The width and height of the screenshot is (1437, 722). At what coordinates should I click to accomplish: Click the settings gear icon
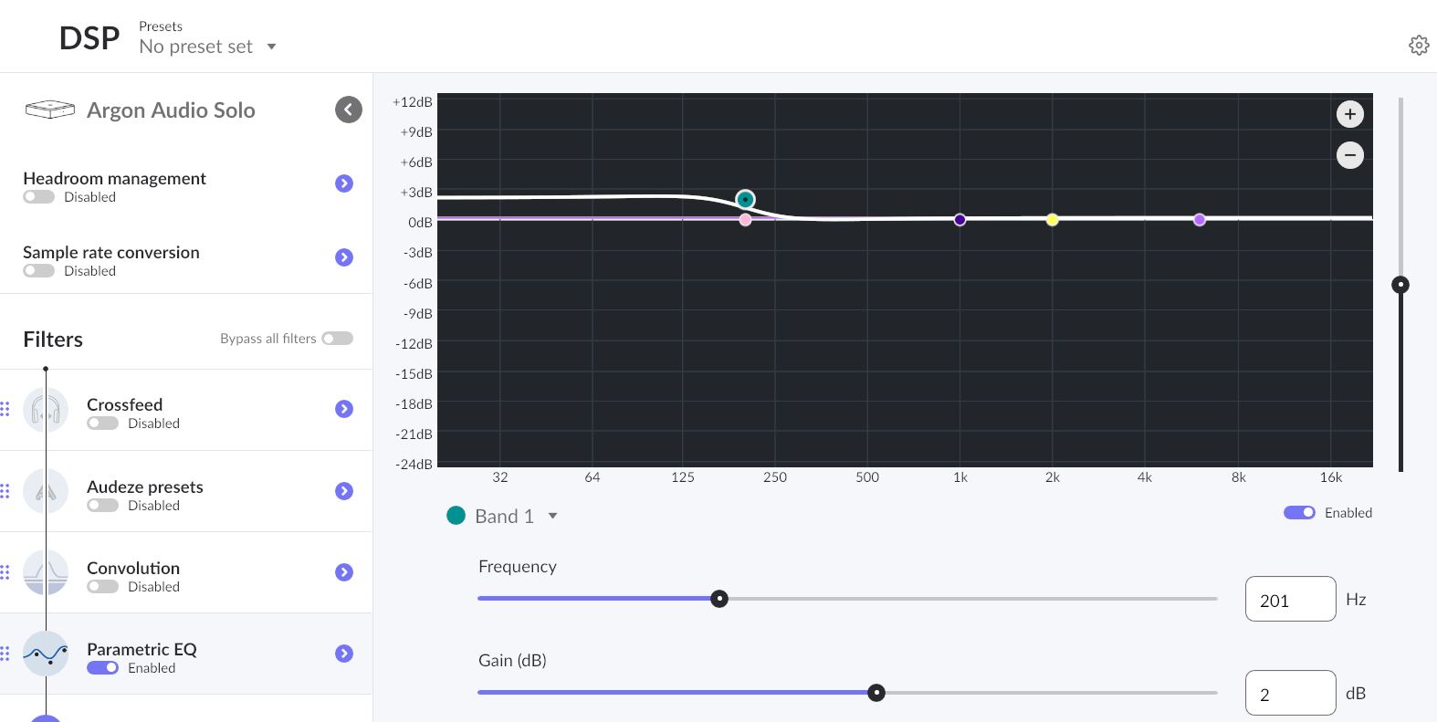pyautogui.click(x=1418, y=46)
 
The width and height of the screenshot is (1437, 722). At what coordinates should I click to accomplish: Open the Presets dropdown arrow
pyautogui.click(x=271, y=47)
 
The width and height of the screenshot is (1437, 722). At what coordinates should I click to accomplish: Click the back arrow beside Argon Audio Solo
pyautogui.click(x=349, y=110)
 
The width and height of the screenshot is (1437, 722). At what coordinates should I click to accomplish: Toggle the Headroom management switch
pyautogui.click(x=39, y=197)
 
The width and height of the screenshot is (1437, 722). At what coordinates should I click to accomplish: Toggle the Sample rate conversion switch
pyautogui.click(x=39, y=271)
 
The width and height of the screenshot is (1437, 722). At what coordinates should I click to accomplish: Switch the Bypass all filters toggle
pyautogui.click(x=337, y=339)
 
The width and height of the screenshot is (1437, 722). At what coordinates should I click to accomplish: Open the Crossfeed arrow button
pyautogui.click(x=344, y=409)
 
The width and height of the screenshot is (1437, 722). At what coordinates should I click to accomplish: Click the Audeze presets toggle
pyautogui.click(x=102, y=506)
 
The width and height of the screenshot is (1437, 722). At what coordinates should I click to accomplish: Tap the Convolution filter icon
pyautogui.click(x=46, y=572)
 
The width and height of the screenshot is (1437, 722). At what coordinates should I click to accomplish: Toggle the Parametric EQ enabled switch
pyautogui.click(x=102, y=668)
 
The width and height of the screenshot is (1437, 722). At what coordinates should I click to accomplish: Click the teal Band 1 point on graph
pyautogui.click(x=746, y=200)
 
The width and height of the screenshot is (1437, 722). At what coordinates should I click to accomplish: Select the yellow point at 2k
pyautogui.click(x=1053, y=220)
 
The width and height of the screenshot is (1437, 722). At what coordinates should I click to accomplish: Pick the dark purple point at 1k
pyautogui.click(x=960, y=220)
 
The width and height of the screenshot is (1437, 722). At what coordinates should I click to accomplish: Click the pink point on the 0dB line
pyautogui.click(x=746, y=220)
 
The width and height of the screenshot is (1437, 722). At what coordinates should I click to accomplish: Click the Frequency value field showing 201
pyautogui.click(x=1290, y=600)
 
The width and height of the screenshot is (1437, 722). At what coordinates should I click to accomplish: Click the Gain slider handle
pyautogui.click(x=876, y=693)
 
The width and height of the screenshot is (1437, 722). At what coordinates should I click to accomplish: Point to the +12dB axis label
pyautogui.click(x=412, y=102)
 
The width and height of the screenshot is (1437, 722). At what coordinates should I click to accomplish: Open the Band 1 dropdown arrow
pyautogui.click(x=552, y=517)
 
